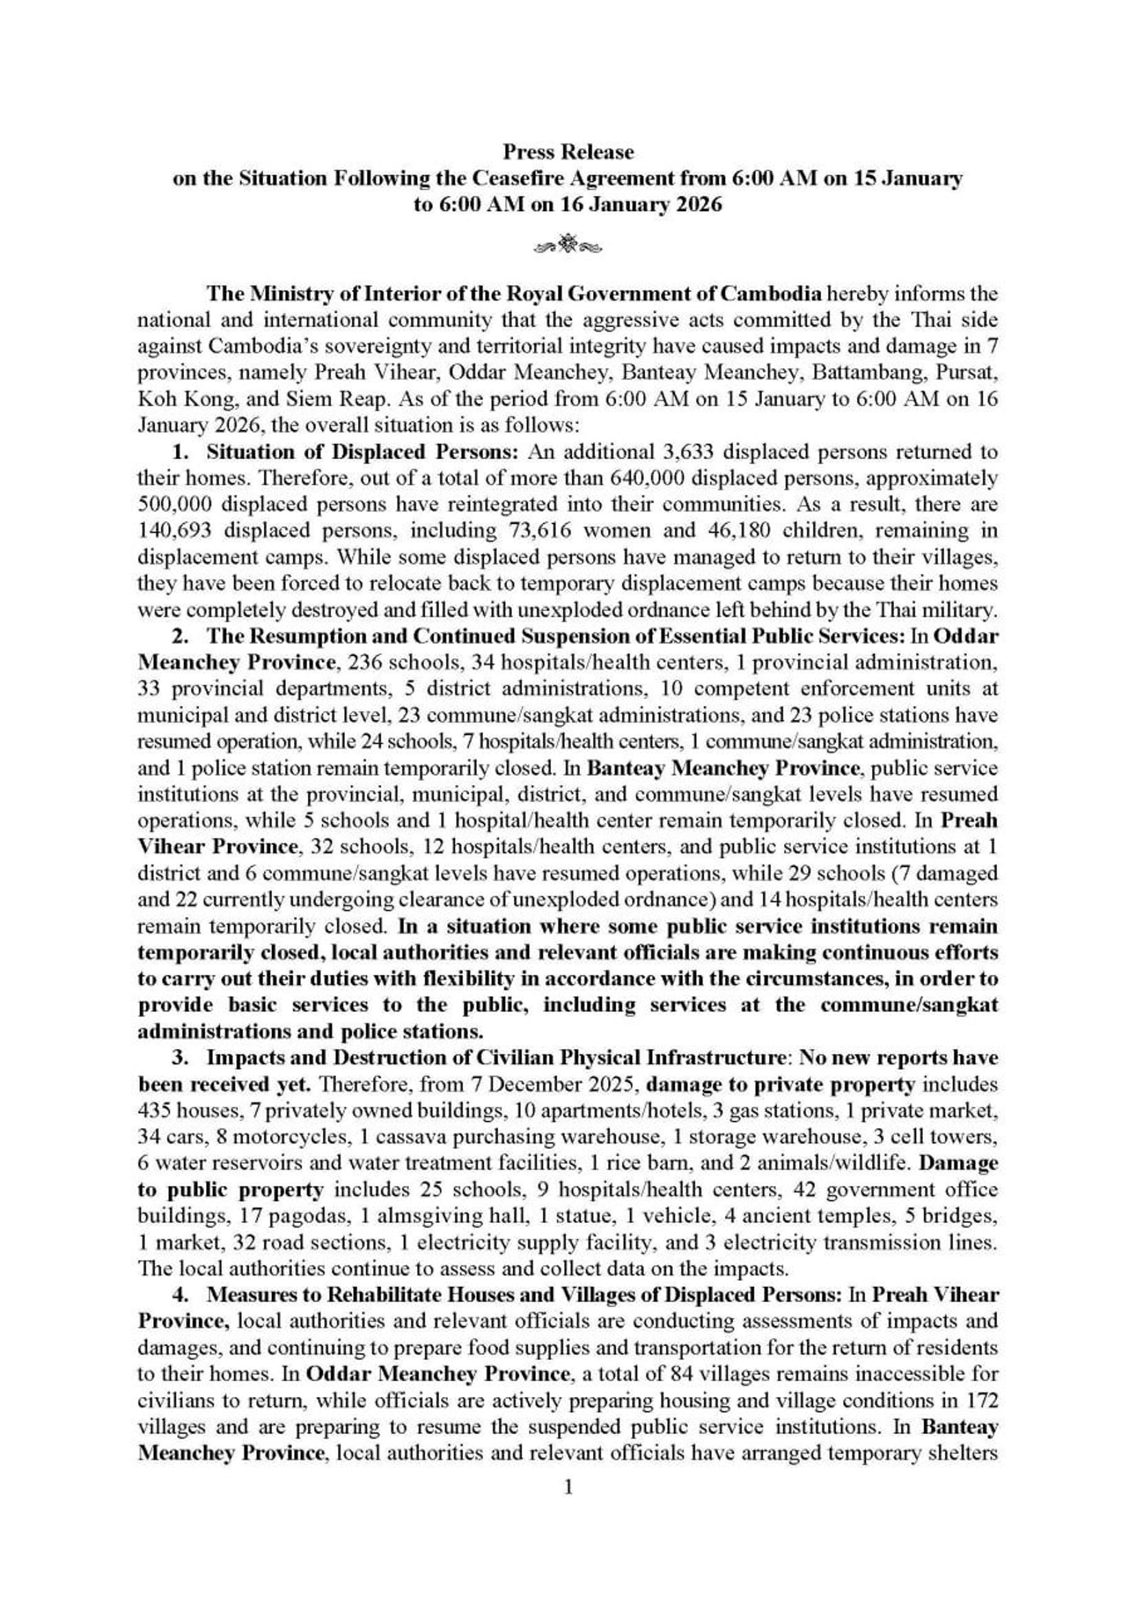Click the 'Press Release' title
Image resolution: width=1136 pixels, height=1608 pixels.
click(x=568, y=152)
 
